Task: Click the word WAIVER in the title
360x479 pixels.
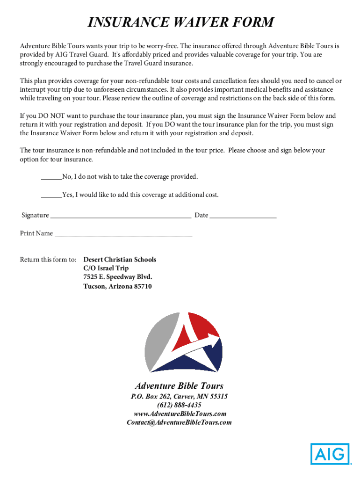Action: (x=202, y=22)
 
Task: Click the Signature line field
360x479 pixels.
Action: (x=121, y=216)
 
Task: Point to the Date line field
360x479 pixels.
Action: (x=243, y=216)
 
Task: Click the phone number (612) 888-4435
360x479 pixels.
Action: (x=180, y=405)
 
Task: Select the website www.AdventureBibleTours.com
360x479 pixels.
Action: (x=180, y=414)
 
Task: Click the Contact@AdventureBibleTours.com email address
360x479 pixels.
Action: (x=179, y=422)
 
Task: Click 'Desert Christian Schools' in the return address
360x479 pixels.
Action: (x=120, y=260)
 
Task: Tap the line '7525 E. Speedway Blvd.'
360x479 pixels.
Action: (x=117, y=277)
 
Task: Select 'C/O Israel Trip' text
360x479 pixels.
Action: (x=106, y=269)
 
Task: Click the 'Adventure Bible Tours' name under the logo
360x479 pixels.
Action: (x=179, y=386)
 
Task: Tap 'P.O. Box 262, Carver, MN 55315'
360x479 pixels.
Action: (x=179, y=396)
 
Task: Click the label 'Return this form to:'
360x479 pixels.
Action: (x=48, y=260)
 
